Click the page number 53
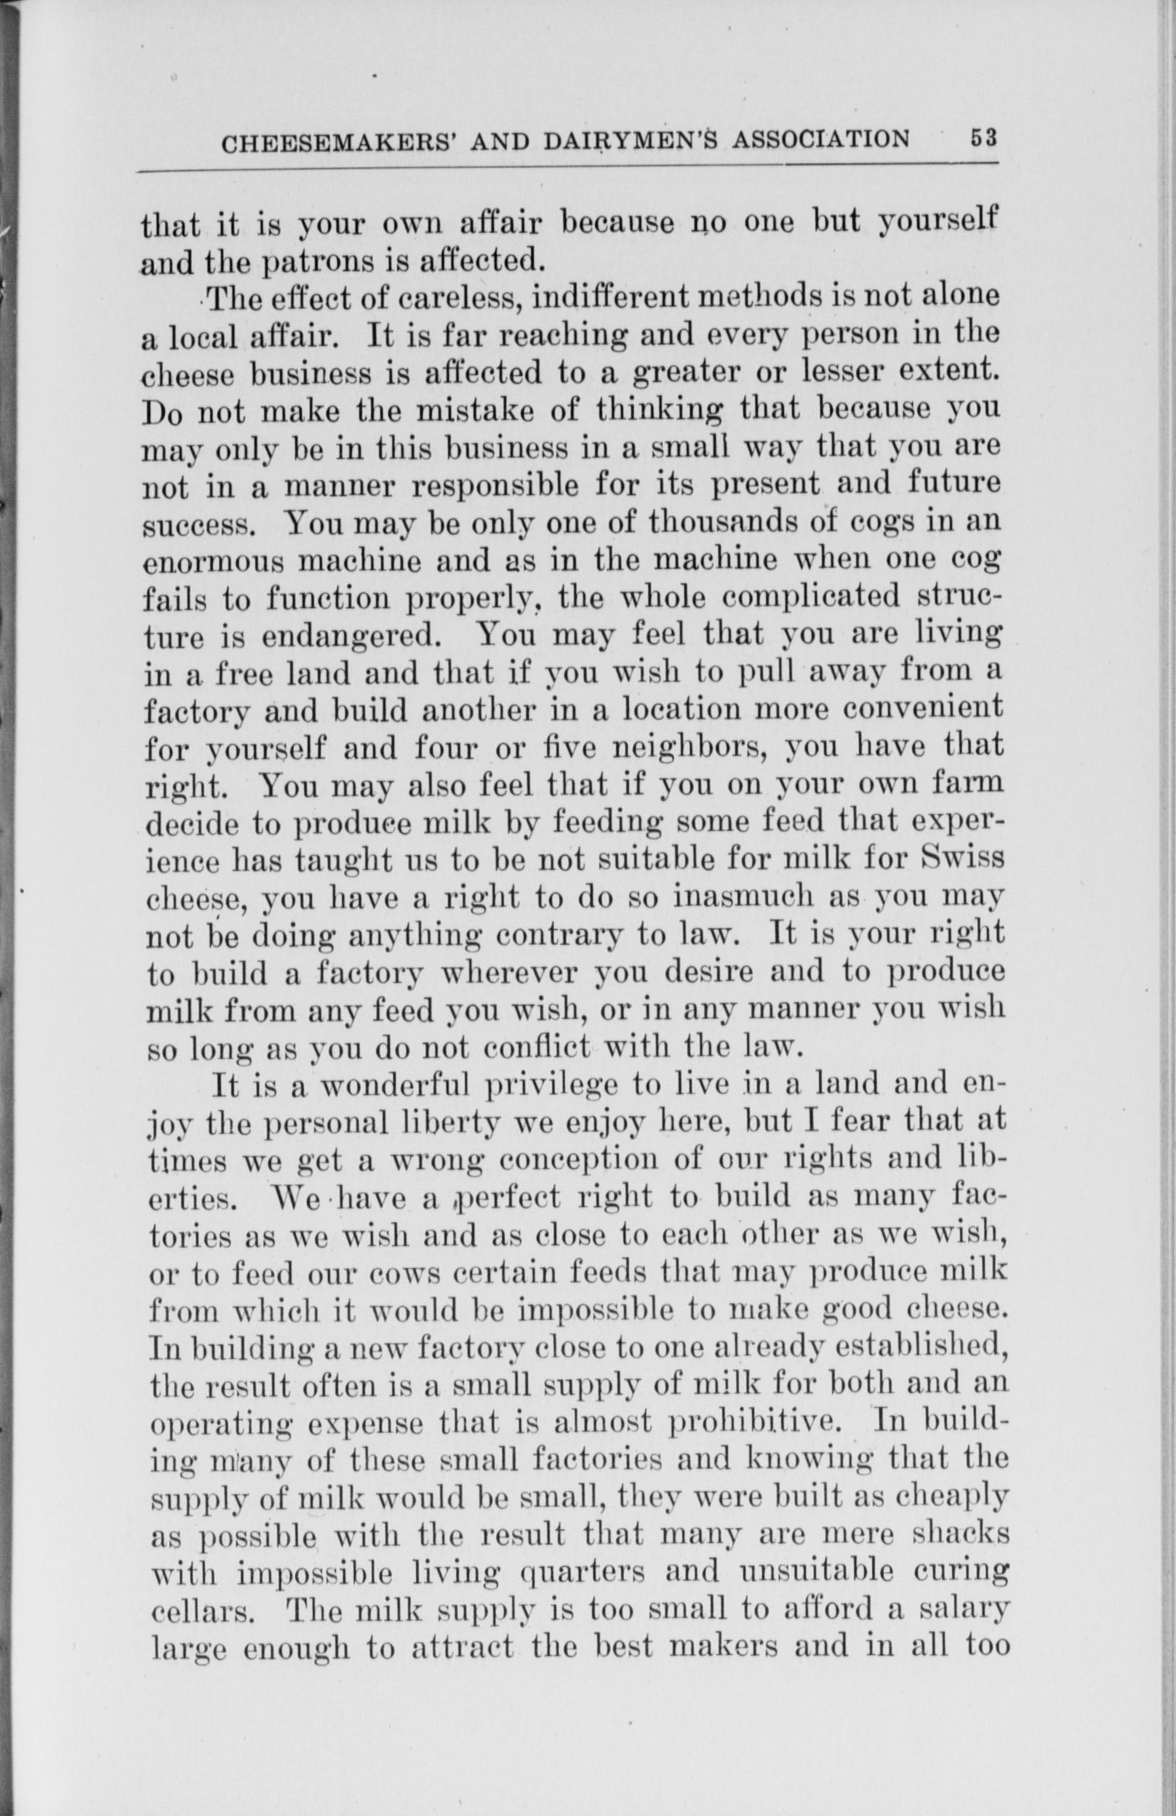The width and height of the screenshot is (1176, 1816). (x=984, y=138)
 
